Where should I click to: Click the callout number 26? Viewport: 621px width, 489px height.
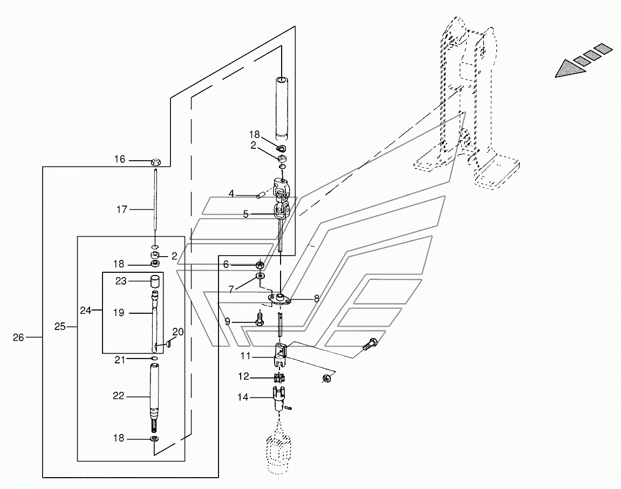click(18, 338)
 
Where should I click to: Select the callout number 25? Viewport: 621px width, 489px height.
click(60, 327)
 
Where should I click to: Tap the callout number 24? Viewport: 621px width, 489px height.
click(86, 311)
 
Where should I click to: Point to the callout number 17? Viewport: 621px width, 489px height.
click(121, 209)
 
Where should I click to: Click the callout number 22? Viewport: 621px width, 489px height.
click(118, 396)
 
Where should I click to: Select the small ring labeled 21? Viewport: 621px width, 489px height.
click(155, 359)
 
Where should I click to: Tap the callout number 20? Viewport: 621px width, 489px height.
click(178, 332)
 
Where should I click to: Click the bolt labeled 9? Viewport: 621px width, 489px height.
click(260, 319)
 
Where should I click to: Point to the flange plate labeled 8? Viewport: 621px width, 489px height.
click(279, 300)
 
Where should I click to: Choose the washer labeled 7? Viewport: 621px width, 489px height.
click(261, 276)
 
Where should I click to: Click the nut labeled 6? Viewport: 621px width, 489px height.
click(260, 264)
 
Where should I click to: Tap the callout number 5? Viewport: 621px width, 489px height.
click(246, 215)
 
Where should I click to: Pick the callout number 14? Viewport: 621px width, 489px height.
click(243, 397)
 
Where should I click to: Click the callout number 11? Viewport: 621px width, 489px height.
click(245, 356)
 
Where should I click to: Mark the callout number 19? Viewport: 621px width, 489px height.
click(118, 313)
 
